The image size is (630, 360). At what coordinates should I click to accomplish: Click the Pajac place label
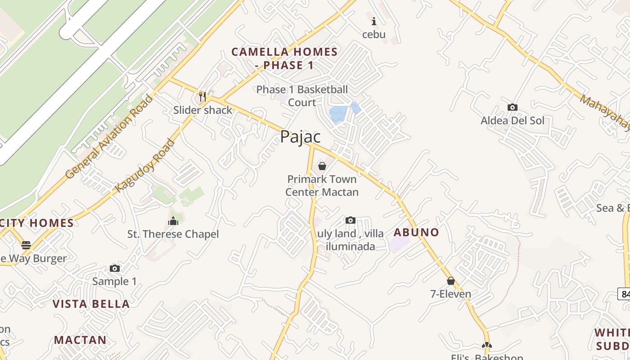click(300, 137)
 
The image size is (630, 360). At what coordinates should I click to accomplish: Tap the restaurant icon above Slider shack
click(202, 97)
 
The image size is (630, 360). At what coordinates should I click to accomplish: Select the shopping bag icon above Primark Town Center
click(322, 166)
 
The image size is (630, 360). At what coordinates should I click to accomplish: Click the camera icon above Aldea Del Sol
click(512, 107)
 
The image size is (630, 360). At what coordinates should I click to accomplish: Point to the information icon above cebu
click(374, 21)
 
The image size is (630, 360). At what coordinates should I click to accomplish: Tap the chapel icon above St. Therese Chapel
click(173, 220)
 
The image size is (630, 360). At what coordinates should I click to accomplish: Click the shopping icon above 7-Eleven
click(451, 281)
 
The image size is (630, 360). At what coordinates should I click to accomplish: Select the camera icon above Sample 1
click(115, 268)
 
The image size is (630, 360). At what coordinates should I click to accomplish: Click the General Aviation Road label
click(109, 137)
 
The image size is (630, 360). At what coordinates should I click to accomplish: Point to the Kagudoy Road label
click(145, 166)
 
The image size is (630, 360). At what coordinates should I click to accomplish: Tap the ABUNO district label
click(416, 232)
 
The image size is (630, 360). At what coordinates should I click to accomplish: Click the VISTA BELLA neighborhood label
click(91, 304)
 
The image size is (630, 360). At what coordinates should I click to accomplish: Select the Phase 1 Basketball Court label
click(302, 96)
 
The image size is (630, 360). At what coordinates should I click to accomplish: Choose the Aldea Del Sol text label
click(512, 121)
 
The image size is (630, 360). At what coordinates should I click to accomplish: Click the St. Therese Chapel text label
click(173, 234)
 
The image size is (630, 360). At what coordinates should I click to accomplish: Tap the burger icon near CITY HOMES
click(26, 245)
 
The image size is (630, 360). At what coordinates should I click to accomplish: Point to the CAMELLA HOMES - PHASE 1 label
click(284, 58)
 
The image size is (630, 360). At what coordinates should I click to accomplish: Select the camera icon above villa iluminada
click(350, 220)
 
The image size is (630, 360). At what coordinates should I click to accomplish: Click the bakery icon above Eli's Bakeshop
click(486, 345)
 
